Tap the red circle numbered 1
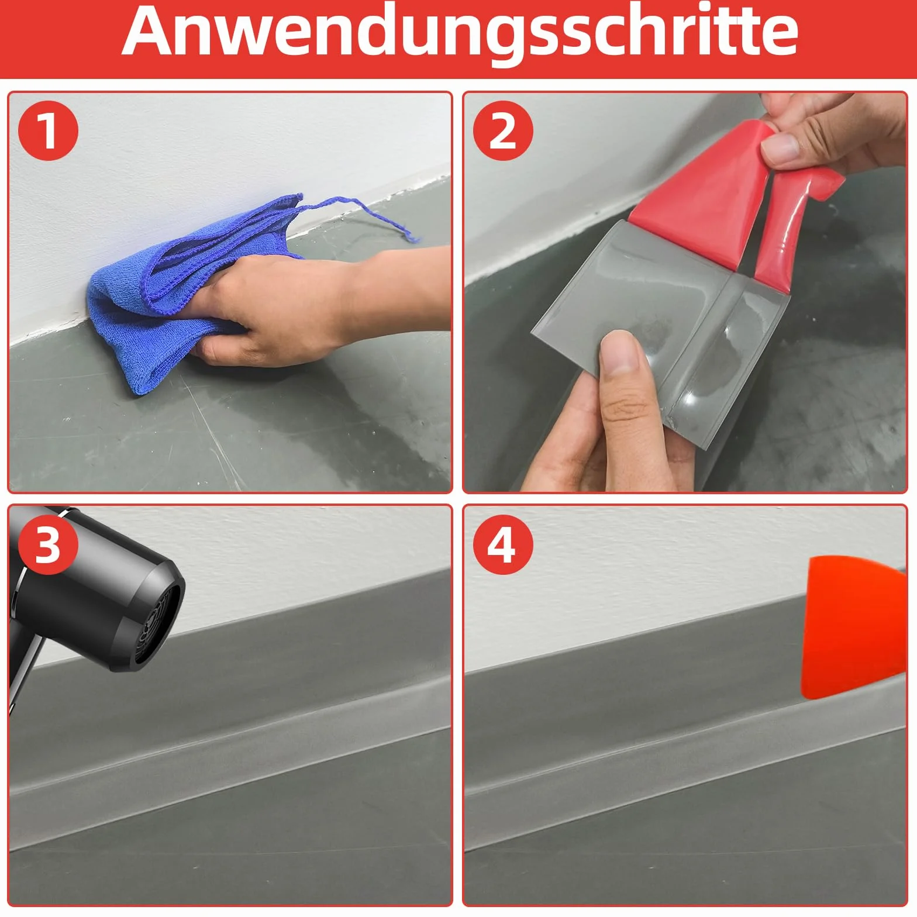click(x=48, y=131)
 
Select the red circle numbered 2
click(x=502, y=131)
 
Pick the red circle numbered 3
click(x=48, y=544)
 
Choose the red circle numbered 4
click(x=502, y=544)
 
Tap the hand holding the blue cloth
click(x=263, y=310)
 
